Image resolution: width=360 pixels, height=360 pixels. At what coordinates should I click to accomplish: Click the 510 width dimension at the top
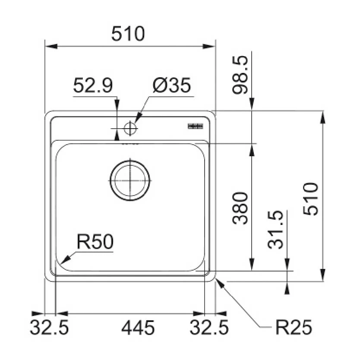(x=128, y=34)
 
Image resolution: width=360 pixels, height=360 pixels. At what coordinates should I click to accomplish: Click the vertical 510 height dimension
(x=311, y=199)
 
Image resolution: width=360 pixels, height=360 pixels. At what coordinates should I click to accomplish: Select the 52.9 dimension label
(x=93, y=85)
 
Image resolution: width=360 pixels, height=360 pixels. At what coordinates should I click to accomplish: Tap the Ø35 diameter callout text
(x=172, y=85)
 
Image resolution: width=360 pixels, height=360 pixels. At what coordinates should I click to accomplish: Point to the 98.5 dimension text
(x=240, y=75)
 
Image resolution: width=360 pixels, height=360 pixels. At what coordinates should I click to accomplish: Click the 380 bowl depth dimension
(x=240, y=208)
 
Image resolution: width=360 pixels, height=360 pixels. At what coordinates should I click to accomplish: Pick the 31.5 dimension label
(x=275, y=230)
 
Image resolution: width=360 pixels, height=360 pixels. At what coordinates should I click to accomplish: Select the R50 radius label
(x=95, y=242)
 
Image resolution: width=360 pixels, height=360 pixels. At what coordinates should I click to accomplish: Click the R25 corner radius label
(x=294, y=327)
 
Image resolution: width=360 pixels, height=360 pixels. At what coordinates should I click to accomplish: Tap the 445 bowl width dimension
(x=138, y=328)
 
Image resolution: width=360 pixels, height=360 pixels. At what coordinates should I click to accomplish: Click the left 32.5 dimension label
(x=49, y=328)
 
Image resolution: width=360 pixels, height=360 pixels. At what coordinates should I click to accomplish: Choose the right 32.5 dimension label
(x=209, y=328)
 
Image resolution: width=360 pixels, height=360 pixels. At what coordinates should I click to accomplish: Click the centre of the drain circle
(x=130, y=180)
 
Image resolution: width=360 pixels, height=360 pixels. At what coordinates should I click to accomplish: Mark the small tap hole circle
(x=130, y=128)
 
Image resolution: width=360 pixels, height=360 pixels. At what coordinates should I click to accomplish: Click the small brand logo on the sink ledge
(x=196, y=126)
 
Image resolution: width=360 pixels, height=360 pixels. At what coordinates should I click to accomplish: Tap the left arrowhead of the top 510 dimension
(x=51, y=46)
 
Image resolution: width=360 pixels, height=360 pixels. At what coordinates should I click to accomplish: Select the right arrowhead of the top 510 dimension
(x=209, y=46)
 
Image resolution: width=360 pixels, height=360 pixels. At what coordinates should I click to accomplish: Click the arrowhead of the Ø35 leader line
(x=139, y=118)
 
